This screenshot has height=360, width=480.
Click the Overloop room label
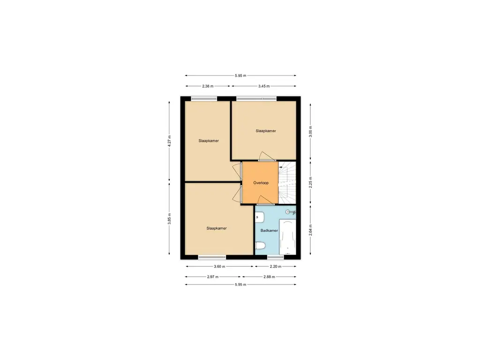(261, 183)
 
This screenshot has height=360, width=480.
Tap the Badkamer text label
(269, 231)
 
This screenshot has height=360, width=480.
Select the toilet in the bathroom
(260, 245)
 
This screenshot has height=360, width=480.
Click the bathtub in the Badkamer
(288, 237)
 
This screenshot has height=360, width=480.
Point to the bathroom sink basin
(260, 217)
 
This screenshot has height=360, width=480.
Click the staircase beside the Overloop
(287, 183)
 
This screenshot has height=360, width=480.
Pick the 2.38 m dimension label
(208, 86)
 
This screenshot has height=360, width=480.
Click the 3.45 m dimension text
(264, 86)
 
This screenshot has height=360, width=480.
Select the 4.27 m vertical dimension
(169, 141)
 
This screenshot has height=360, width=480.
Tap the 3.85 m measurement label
(169, 219)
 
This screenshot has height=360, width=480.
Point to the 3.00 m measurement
(310, 132)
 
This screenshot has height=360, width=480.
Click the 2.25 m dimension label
(310, 182)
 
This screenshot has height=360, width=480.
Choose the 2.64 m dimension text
(310, 230)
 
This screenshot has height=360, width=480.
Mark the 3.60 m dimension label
(219, 267)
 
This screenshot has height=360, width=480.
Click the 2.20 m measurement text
(276, 267)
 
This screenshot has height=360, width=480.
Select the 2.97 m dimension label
(213, 277)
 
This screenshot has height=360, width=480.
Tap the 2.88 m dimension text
(269, 277)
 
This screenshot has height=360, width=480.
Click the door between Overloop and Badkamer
(266, 201)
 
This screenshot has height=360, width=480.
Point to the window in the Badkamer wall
(276, 257)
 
